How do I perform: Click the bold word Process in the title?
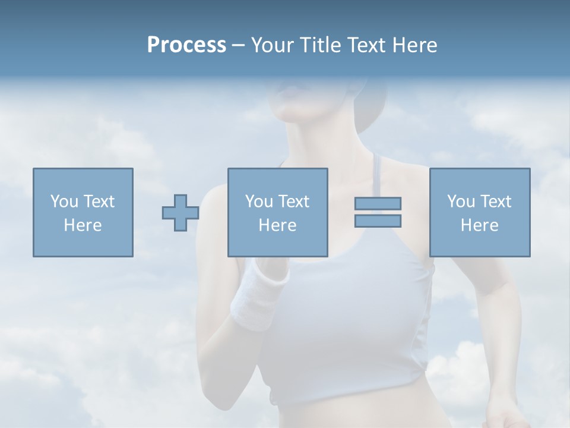(186, 45)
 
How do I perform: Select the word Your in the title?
(273, 45)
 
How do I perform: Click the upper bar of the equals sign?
(378, 203)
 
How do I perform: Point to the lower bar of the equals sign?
(378, 221)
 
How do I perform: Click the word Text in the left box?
(99, 202)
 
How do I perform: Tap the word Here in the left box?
(83, 225)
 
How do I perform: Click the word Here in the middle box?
(277, 225)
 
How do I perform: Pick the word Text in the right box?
(495, 202)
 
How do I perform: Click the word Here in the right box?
(479, 225)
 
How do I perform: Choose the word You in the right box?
(461, 202)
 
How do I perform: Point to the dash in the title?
(239, 45)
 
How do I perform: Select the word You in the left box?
(64, 202)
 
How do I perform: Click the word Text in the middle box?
(293, 202)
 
